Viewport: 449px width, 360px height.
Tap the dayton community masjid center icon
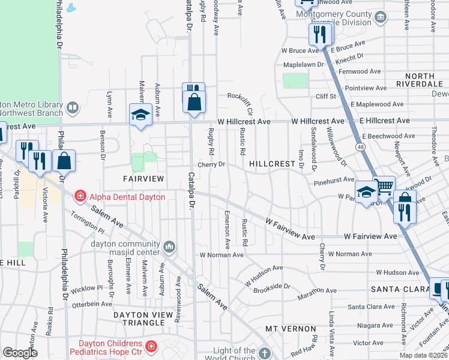(170, 245)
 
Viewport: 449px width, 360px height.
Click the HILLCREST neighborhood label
(273, 163)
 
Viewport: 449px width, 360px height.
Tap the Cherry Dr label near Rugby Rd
(212, 164)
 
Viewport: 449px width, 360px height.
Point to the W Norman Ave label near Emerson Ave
(221, 255)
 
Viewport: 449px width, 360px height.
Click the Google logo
(20, 353)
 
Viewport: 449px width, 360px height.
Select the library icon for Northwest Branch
(73, 108)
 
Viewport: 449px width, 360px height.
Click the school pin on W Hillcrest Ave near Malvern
(140, 115)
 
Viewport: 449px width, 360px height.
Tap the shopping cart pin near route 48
(384, 187)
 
